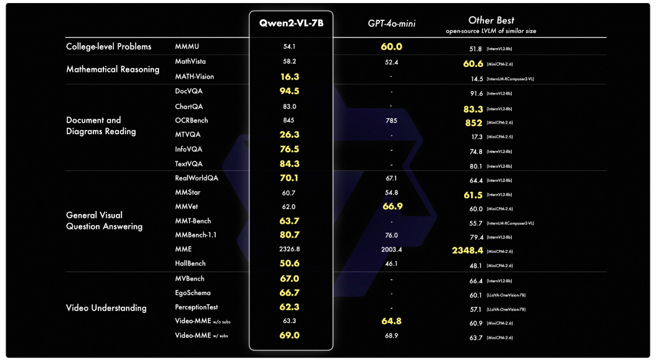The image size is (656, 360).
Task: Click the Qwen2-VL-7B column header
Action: tap(291, 23)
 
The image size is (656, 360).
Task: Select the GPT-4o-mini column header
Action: tap(391, 24)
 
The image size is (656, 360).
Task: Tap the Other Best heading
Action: tap(491, 20)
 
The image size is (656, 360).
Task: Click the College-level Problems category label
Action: tap(108, 47)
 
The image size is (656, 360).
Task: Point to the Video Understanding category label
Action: tap(106, 308)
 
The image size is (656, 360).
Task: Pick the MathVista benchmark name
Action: tap(190, 62)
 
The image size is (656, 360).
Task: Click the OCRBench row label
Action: tap(192, 121)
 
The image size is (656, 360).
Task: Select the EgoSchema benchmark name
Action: tap(194, 293)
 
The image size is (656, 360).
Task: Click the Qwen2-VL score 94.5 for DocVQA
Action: tap(290, 91)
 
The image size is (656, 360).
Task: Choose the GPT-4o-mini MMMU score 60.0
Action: tap(391, 47)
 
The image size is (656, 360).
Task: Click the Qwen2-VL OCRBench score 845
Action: tap(289, 121)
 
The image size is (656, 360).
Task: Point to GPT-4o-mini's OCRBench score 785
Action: tap(391, 121)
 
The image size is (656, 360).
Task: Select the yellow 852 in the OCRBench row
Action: tap(474, 122)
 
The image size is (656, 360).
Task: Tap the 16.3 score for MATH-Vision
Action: tap(290, 77)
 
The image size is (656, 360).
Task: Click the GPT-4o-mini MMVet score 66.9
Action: tap(391, 207)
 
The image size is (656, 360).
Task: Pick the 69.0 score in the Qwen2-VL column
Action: tap(290, 336)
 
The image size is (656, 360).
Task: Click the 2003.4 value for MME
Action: tap(391, 249)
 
